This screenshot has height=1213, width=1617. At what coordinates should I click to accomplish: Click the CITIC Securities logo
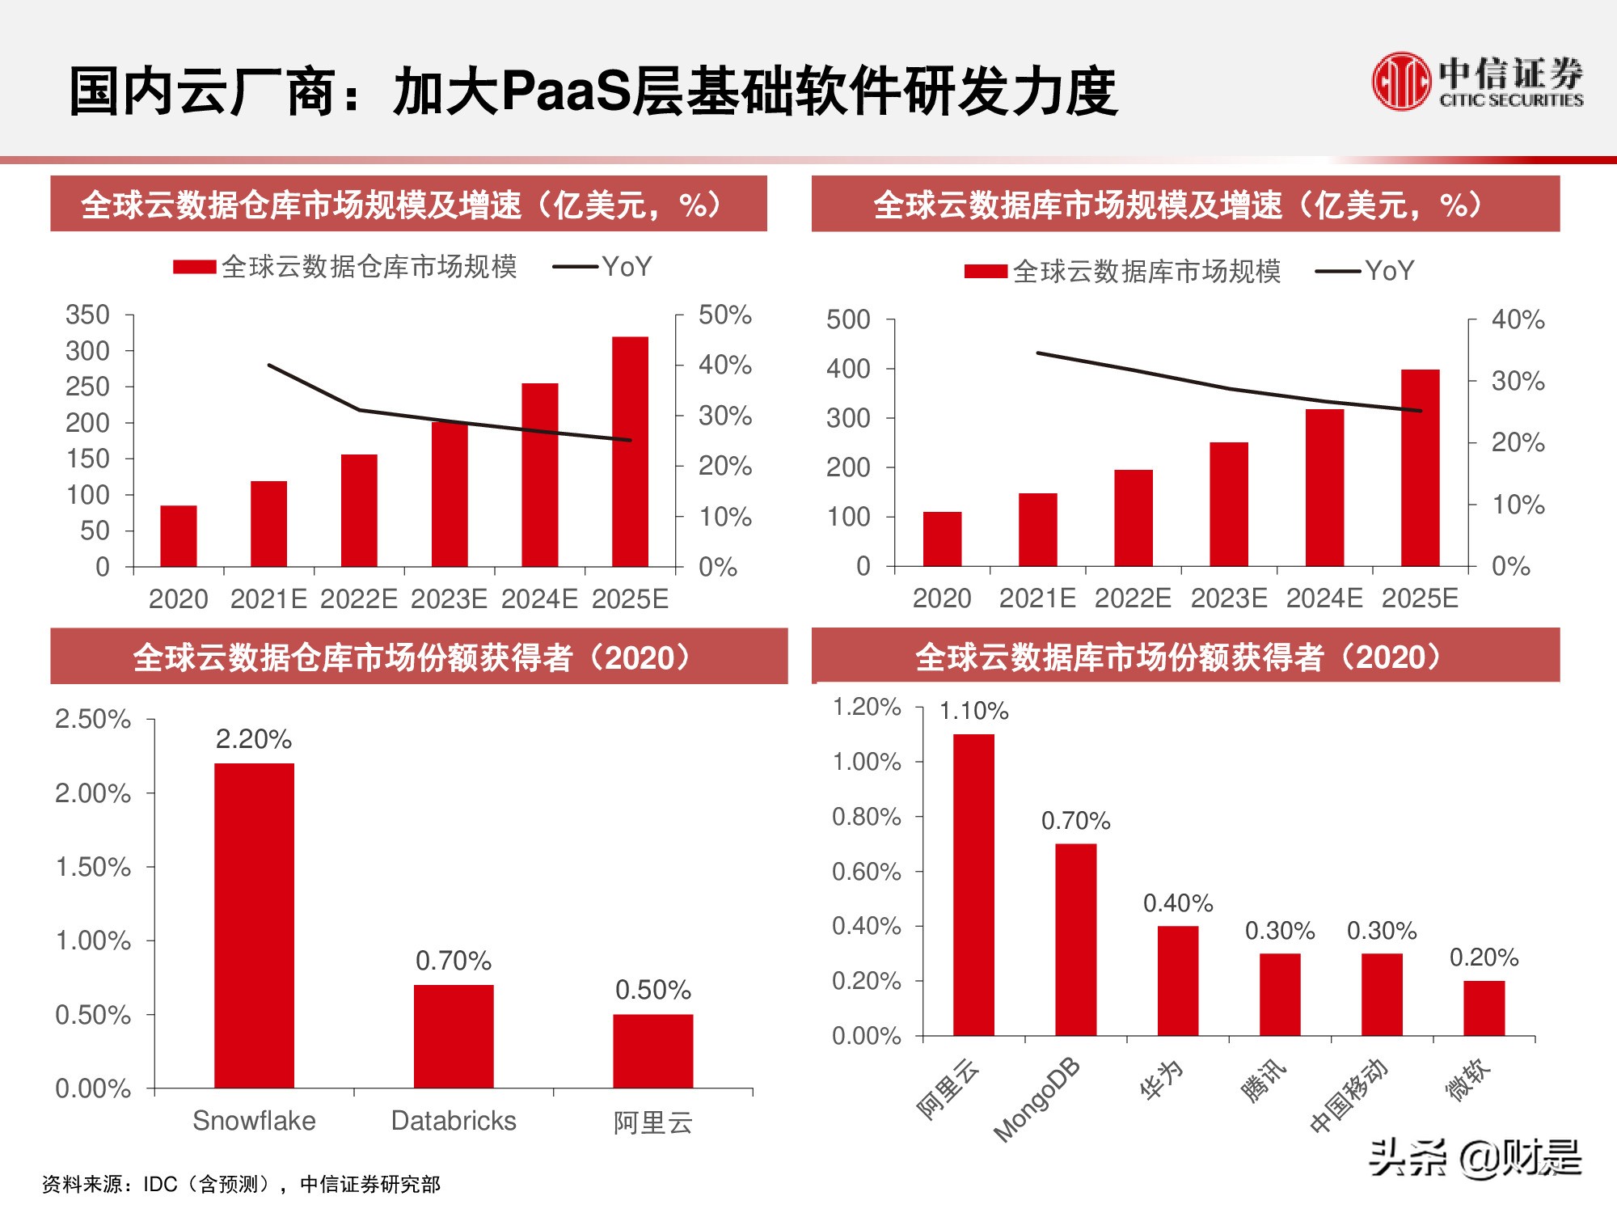coord(1476,81)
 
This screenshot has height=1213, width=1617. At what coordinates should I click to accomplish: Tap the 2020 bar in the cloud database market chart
coord(942,539)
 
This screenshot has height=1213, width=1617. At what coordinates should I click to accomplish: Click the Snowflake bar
coord(254,925)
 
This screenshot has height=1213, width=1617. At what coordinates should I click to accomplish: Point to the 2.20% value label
coord(253,739)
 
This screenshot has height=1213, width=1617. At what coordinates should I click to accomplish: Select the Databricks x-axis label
coord(454,1121)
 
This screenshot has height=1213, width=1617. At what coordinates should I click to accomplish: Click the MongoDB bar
coord(1075,940)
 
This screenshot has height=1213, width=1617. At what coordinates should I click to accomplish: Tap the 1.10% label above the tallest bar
coord(973,711)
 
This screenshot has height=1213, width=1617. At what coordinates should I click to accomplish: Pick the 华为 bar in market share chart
coord(1177,980)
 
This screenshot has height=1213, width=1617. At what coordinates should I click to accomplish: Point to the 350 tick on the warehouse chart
coord(87,315)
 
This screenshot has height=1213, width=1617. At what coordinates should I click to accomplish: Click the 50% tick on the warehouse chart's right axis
coord(724,315)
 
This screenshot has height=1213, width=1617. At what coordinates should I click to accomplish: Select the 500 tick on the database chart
coord(847,319)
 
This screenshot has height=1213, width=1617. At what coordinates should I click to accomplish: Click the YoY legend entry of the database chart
coord(1366,271)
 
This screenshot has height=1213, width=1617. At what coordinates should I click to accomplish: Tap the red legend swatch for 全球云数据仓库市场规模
coord(194,267)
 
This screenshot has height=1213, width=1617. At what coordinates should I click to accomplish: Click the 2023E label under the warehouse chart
coord(449,599)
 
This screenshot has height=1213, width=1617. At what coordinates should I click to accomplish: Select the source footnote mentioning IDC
coord(241,1185)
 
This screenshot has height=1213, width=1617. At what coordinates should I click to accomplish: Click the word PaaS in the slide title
coord(565,91)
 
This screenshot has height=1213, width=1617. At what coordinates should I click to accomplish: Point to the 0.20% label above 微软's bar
coord(1484,957)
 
